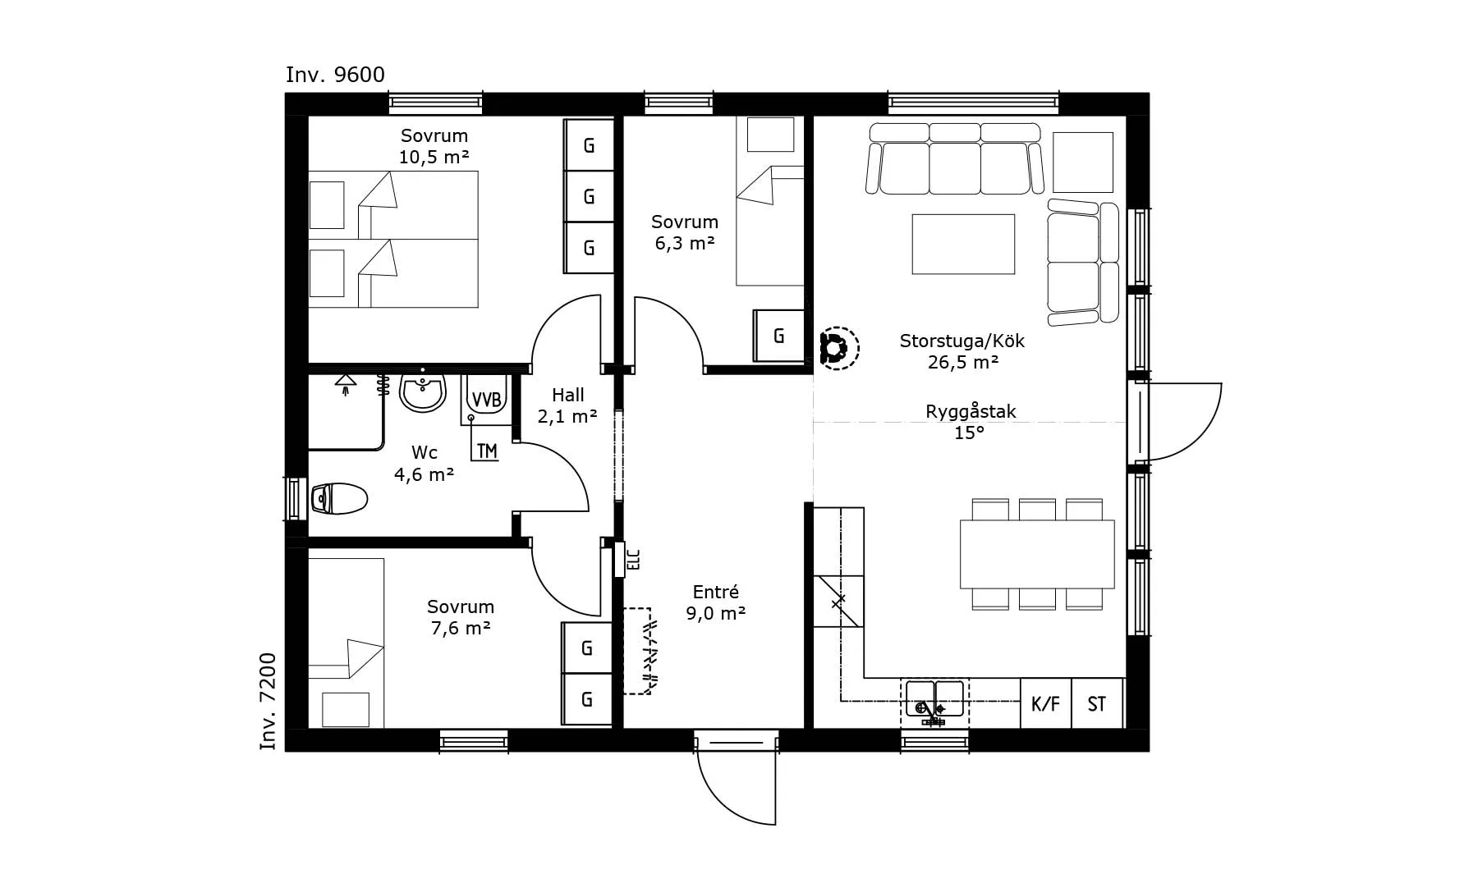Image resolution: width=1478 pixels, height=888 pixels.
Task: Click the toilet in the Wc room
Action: [339, 498]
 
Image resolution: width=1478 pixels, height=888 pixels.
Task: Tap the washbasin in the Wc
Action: [423, 391]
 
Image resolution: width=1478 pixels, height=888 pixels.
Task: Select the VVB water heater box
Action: [486, 400]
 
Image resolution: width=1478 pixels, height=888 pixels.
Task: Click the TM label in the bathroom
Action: [486, 451]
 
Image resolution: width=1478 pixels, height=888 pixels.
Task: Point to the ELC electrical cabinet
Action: [621, 560]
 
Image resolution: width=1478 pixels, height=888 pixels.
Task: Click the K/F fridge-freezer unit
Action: [1045, 703]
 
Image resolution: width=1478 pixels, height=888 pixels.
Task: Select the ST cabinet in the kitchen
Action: [1097, 703]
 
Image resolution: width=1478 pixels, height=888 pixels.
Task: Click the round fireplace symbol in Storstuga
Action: [838, 349]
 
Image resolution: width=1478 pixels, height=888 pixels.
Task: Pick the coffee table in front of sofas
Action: [963, 244]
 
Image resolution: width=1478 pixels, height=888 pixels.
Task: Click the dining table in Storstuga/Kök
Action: [1037, 554]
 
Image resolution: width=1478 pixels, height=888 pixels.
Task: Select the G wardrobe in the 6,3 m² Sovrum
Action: [778, 336]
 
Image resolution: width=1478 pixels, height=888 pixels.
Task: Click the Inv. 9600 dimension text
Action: [335, 75]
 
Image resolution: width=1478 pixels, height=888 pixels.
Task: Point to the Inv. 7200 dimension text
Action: [269, 702]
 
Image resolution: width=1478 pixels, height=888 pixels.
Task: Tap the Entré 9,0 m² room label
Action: [716, 602]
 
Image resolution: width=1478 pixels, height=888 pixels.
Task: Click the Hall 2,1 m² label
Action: [567, 406]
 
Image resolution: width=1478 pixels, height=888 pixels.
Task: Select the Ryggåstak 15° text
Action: [971, 422]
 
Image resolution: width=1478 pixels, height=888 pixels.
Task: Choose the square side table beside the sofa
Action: [1082, 162]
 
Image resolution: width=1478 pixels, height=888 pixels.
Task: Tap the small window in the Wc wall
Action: [296, 498]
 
